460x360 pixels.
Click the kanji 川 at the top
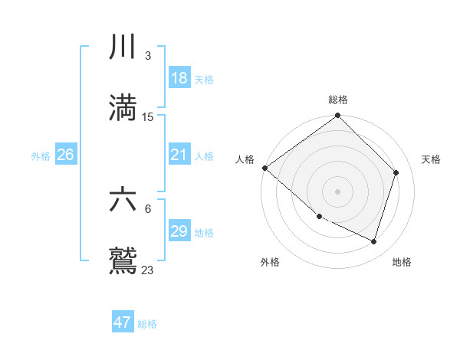click(123, 47)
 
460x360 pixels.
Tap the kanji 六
click(123, 200)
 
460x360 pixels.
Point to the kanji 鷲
click(123, 260)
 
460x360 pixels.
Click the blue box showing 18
click(179, 78)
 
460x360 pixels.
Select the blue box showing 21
click(179, 155)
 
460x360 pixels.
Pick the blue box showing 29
click(179, 231)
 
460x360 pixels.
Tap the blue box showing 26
click(66, 155)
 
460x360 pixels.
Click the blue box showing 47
click(123, 322)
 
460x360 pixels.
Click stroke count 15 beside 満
click(148, 116)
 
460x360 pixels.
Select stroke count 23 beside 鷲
click(148, 270)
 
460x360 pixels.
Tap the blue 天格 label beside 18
click(204, 80)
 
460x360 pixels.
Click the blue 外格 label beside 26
click(41, 156)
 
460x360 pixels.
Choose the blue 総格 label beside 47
click(147, 324)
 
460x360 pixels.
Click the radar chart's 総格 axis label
click(338, 100)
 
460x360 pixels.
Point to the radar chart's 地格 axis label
click(402, 262)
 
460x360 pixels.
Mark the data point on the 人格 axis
click(264, 168)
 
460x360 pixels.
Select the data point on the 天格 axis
click(396, 172)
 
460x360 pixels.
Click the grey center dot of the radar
click(338, 191)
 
